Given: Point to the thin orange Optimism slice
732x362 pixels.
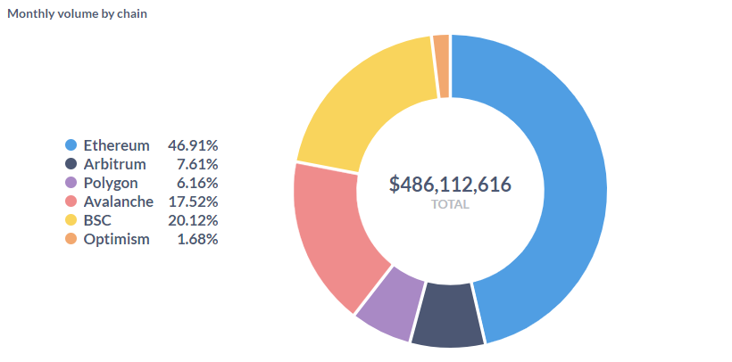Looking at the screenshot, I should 441,67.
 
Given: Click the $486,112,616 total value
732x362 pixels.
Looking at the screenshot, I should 450,185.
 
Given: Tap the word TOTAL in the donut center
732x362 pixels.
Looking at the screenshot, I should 450,204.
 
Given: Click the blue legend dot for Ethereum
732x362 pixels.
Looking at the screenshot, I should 71,144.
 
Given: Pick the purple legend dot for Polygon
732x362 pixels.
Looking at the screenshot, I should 71,183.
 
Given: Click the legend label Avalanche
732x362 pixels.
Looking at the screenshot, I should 118,202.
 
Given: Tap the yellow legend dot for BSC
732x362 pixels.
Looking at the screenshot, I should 71,220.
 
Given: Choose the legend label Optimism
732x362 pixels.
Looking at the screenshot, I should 116,239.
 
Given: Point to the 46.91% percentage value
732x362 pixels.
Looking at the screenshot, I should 193,144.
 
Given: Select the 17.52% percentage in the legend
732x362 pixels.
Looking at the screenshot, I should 193,202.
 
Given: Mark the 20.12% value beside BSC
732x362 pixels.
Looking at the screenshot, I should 193,220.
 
